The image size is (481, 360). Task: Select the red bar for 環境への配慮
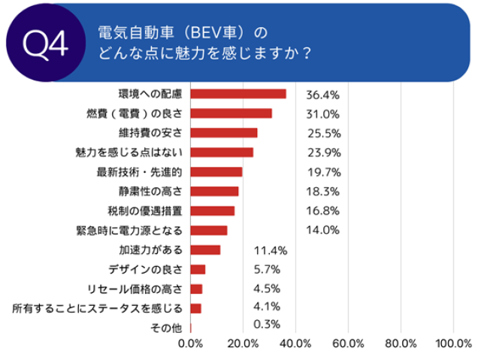[238, 94]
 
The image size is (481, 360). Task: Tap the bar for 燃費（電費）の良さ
[231, 113]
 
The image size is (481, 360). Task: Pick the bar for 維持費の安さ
[224, 133]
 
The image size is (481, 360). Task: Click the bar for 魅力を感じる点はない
[222, 153]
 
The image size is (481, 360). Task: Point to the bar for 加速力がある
[205, 250]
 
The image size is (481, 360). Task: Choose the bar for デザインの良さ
[198, 269]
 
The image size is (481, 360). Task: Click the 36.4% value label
[323, 95]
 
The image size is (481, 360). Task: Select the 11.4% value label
[271, 250]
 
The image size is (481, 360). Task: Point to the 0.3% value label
[268, 325]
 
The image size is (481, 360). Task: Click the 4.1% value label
[268, 306]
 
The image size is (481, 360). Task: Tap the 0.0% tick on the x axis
[191, 343]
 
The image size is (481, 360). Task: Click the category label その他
[167, 327]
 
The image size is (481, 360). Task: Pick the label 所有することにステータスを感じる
[98, 307]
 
